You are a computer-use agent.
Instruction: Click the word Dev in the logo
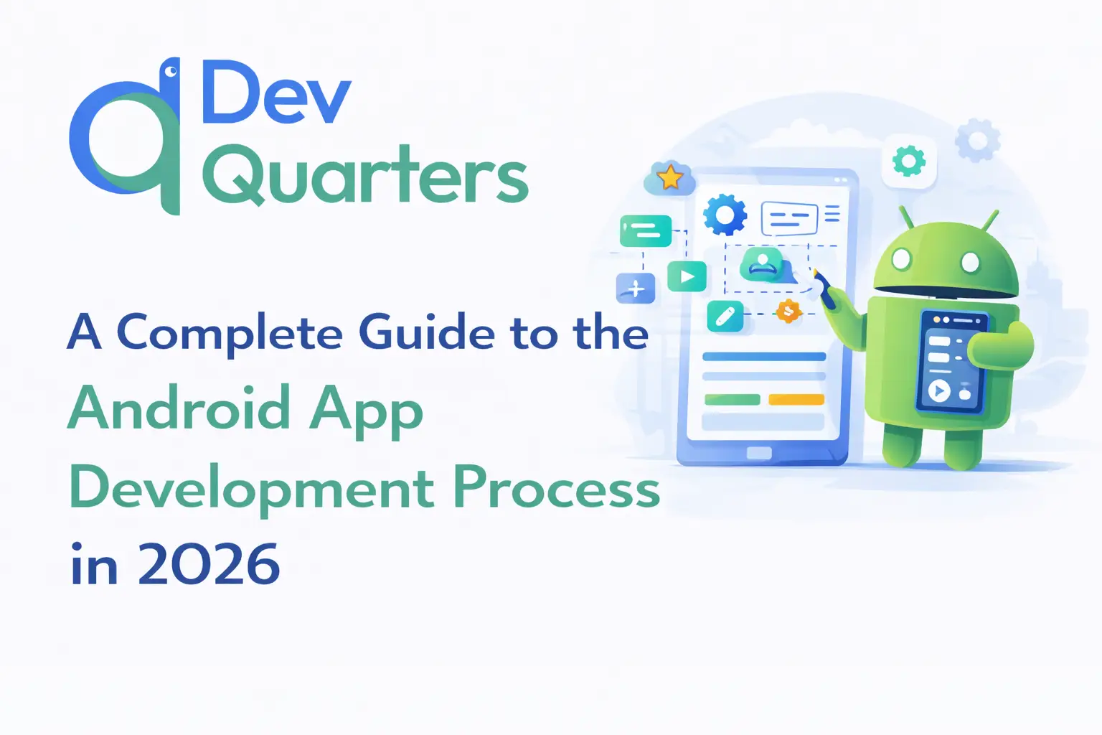277,92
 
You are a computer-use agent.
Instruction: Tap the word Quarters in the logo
365,175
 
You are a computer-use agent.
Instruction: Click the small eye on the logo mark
171,71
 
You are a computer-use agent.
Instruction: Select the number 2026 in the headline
209,563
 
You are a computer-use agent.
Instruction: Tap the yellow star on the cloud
670,177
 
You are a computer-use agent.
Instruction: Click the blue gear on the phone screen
725,215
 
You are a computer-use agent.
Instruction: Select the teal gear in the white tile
909,161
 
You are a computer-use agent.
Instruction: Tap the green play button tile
687,276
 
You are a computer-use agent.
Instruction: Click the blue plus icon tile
635,288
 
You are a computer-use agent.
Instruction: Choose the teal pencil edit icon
725,316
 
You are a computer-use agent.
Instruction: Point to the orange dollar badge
788,312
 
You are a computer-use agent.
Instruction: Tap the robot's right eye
970,263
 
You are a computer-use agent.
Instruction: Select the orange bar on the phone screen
796,399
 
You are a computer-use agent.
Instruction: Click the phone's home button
759,452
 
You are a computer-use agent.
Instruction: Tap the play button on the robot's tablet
938,391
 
